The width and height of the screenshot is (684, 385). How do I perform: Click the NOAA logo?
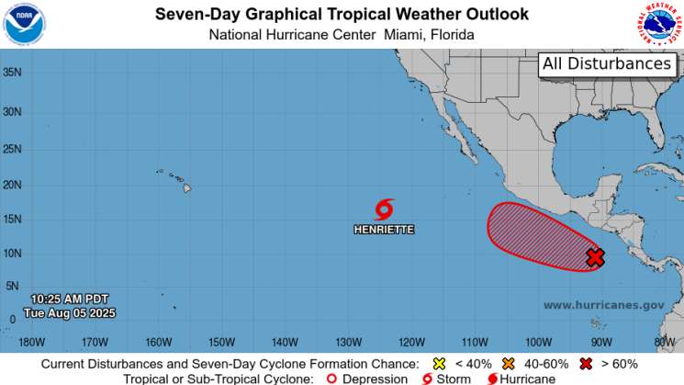click(x=24, y=24)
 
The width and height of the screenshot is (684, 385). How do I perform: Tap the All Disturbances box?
click(x=607, y=64)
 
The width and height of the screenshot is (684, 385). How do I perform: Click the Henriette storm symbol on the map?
click(x=384, y=209)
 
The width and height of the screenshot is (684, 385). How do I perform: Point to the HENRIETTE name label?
click(x=384, y=229)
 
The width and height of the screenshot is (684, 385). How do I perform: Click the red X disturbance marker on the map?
click(x=595, y=257)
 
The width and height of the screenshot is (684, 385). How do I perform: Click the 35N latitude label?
click(x=12, y=71)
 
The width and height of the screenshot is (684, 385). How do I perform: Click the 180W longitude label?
click(x=30, y=344)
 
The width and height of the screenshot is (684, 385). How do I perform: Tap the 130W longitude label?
click(x=348, y=344)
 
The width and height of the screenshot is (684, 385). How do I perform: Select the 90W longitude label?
click(x=601, y=344)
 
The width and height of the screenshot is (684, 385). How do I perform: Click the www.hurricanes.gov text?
click(x=603, y=305)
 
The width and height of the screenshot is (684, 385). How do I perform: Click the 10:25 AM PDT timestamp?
click(x=69, y=300)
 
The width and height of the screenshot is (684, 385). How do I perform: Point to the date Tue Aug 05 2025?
click(x=69, y=312)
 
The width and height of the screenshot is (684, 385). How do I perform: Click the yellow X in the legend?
click(x=439, y=363)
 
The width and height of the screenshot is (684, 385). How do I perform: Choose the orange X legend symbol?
click(x=507, y=363)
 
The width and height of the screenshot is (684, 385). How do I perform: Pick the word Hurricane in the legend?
click(x=528, y=379)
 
